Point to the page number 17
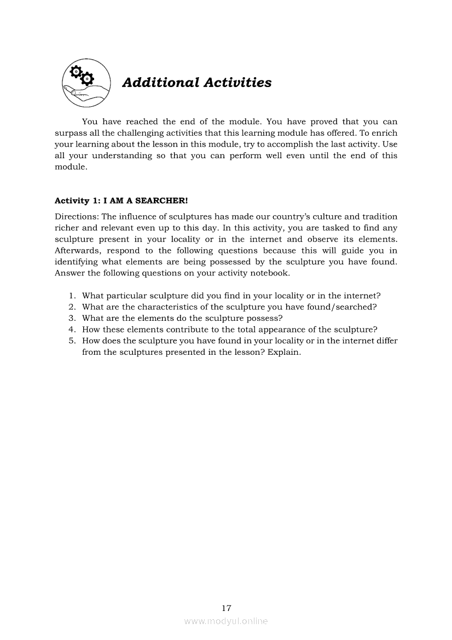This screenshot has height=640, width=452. tap(227, 608)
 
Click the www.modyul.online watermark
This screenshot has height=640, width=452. tap(226, 621)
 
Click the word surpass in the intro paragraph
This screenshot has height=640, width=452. tap(70, 133)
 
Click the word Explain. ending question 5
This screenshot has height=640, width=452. tap(285, 352)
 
